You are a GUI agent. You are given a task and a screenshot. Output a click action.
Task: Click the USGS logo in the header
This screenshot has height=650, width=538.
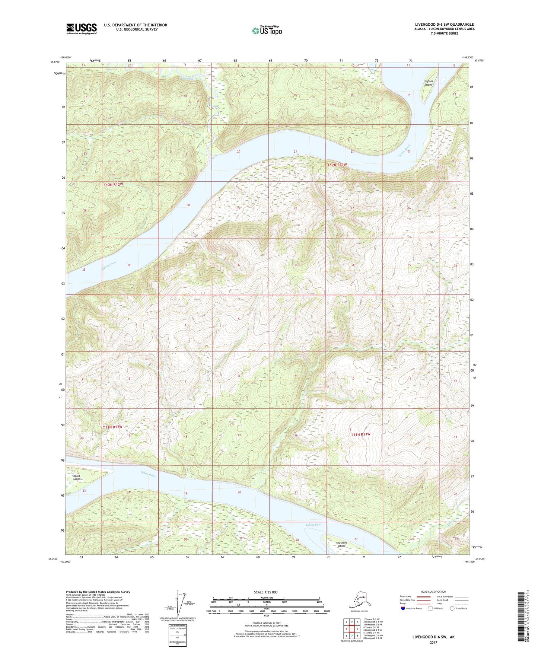coord(82,29)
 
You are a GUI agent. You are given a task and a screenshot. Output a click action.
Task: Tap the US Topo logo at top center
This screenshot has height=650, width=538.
coord(267,31)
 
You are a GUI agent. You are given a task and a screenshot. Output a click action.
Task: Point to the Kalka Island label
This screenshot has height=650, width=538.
coord(77,477)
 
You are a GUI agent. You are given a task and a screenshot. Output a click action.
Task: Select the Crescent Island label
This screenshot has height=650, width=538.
coord(341,544)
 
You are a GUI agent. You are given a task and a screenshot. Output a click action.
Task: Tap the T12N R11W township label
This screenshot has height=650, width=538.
coord(337,165)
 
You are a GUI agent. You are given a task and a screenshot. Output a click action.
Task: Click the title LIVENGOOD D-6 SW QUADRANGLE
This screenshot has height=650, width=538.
coord(444,25)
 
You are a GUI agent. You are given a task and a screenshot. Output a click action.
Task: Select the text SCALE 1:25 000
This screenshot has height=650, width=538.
coord(265,592)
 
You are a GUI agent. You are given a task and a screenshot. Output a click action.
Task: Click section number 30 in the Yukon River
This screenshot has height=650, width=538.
coord(188,205)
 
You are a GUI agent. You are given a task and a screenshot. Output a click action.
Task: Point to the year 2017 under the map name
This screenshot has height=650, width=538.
coord(433,643)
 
